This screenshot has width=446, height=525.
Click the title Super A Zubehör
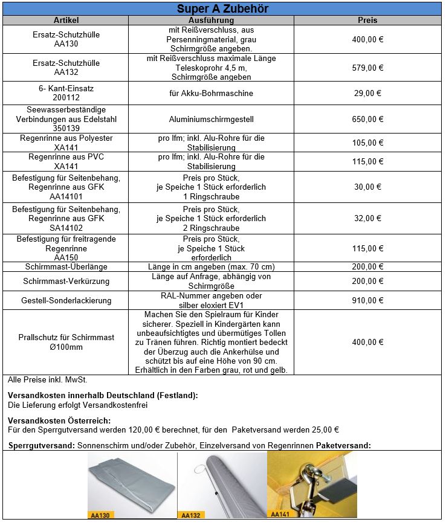[x=222, y=9]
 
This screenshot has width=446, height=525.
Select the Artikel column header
[x=66, y=21]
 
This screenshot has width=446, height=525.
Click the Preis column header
[x=367, y=21]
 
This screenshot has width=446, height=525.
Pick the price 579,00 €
[x=367, y=68]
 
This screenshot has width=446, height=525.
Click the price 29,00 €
[x=367, y=94]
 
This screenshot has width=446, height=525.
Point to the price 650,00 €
[x=367, y=120]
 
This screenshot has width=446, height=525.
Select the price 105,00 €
[x=367, y=143]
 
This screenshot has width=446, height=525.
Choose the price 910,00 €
[x=367, y=300]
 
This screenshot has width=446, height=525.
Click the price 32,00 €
[x=367, y=219]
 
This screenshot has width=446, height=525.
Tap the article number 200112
[x=66, y=98]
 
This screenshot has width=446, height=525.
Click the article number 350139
[x=66, y=129]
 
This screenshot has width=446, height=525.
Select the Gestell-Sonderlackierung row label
[x=66, y=300]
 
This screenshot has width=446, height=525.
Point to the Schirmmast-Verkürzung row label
[x=66, y=282]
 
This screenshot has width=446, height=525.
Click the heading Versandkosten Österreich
[x=59, y=420]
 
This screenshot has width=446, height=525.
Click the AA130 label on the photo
[x=100, y=515]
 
